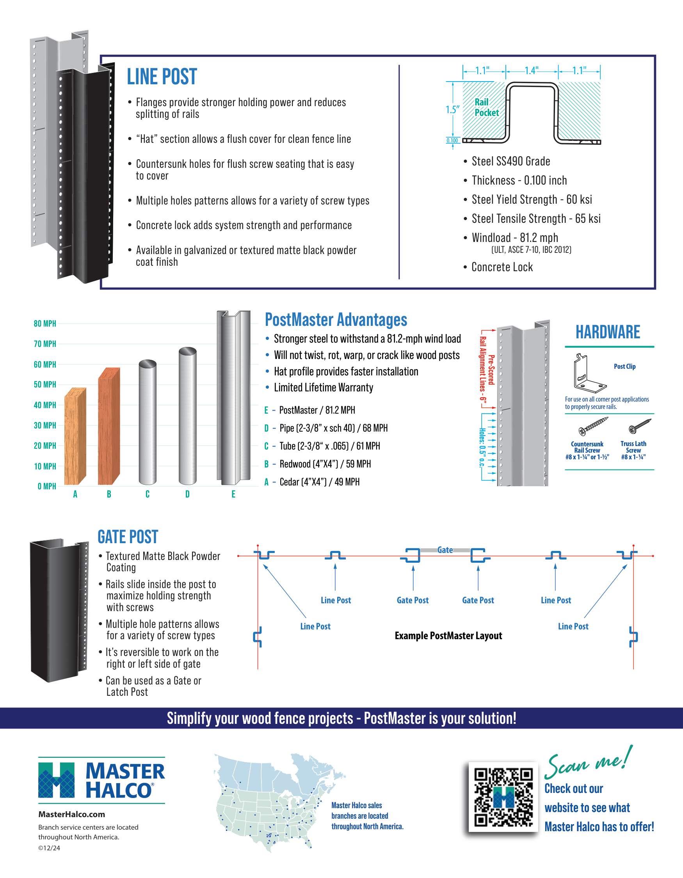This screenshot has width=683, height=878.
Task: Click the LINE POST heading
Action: pyautogui.click(x=162, y=77)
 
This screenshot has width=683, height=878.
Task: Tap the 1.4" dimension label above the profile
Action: pyautogui.click(x=531, y=71)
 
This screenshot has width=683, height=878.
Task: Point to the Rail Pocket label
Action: pyautogui.click(x=486, y=107)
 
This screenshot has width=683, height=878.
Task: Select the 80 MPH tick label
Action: pyautogui.click(x=44, y=323)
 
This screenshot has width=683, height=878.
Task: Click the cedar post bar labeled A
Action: pyautogui.click(x=75, y=436)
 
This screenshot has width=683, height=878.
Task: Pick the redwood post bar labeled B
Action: pyautogui.click(x=108, y=426)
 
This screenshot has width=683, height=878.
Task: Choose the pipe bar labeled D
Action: pyautogui.click(x=187, y=416)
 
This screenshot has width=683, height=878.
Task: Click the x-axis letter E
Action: pyautogui.click(x=233, y=494)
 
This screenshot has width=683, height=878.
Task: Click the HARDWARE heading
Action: pyautogui.click(x=607, y=332)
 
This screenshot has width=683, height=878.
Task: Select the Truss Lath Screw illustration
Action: pyautogui.click(x=640, y=426)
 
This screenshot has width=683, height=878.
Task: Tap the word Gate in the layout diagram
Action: pyautogui.click(x=445, y=549)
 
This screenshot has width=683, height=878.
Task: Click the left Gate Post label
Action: pyautogui.click(x=413, y=600)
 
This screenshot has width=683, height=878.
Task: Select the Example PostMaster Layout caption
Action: pyautogui.click(x=448, y=636)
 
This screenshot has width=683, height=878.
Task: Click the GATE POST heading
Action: pyautogui.click(x=128, y=537)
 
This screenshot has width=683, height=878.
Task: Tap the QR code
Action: pyautogui.click(x=503, y=797)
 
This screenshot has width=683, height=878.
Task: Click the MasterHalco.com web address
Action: pyautogui.click(x=71, y=814)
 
